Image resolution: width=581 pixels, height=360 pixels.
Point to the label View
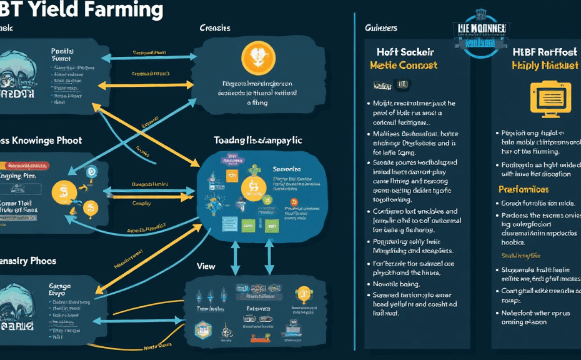206,266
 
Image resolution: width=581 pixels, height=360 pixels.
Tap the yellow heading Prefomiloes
524,189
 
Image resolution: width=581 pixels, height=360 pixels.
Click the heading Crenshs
215,28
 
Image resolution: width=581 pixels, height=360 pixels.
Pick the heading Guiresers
381,28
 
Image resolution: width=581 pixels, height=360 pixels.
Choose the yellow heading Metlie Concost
403,65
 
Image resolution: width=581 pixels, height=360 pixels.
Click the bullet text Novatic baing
397,284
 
